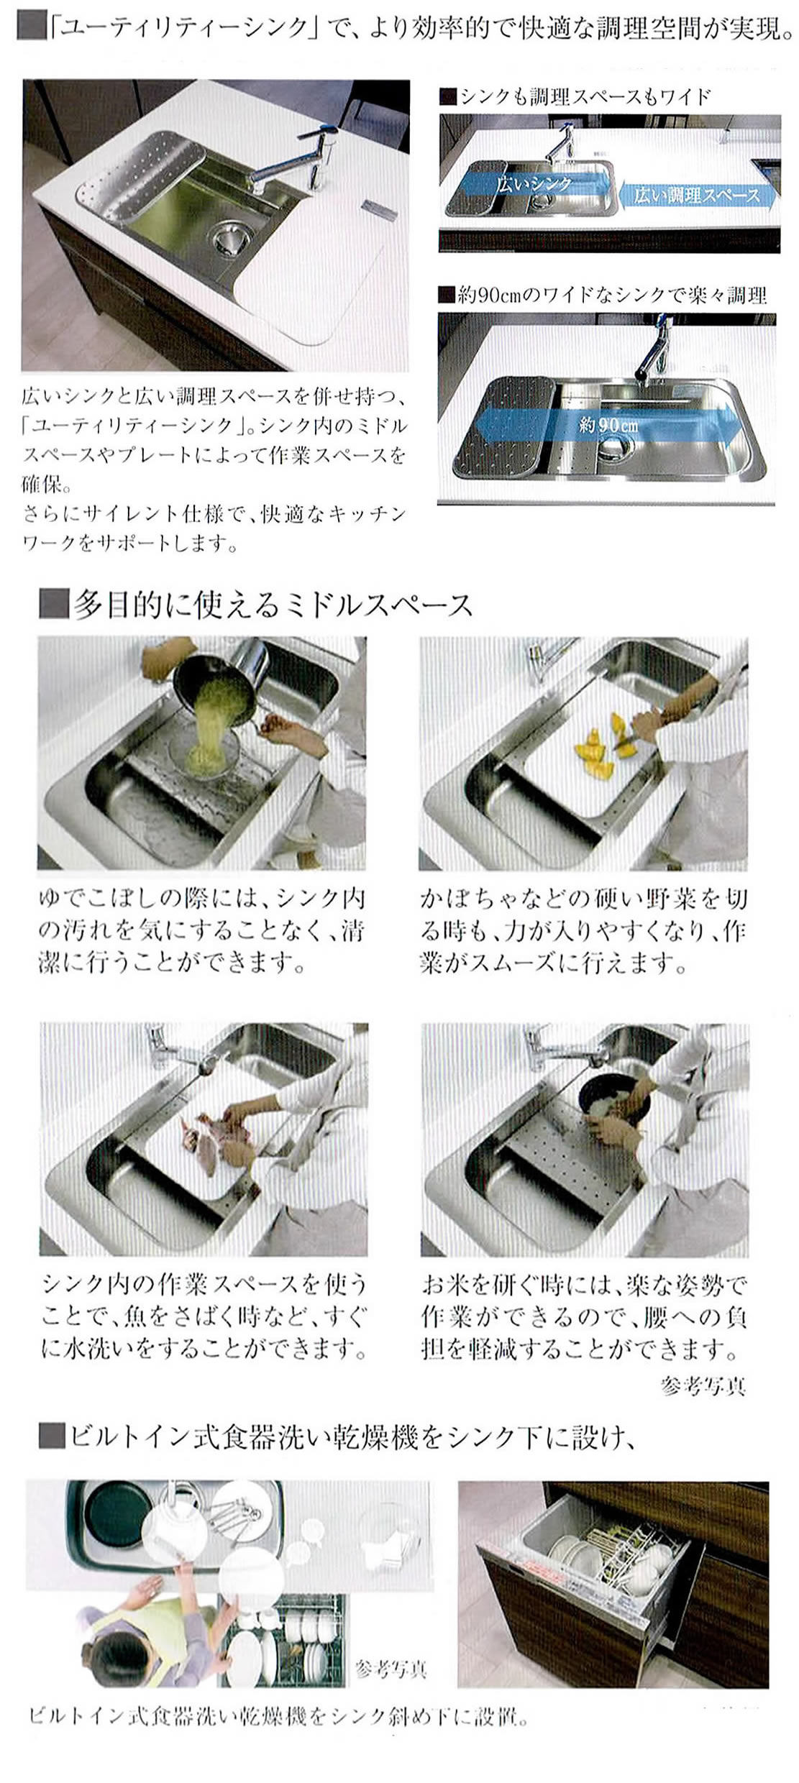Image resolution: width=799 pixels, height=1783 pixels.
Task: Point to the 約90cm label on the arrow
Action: point(608,425)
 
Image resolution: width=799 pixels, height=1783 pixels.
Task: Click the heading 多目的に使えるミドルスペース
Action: point(272,605)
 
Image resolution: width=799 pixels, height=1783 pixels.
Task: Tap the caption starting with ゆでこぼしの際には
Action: point(202,930)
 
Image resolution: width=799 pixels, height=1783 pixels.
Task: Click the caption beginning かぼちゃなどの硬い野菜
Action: point(583,930)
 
